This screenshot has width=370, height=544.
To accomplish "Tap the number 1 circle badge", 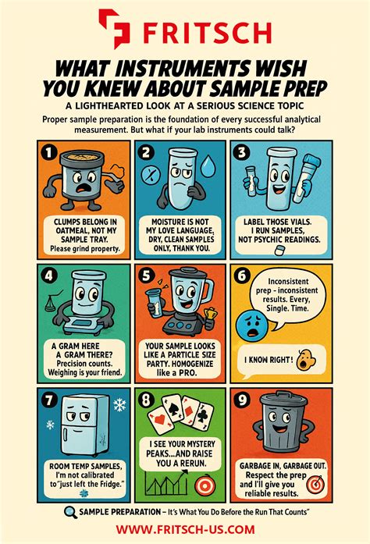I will click(49, 153).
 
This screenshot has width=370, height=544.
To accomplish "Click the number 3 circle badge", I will click(245, 152).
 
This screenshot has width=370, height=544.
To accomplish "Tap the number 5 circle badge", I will click(148, 276).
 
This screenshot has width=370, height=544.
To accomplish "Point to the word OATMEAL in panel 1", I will click(76, 231).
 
